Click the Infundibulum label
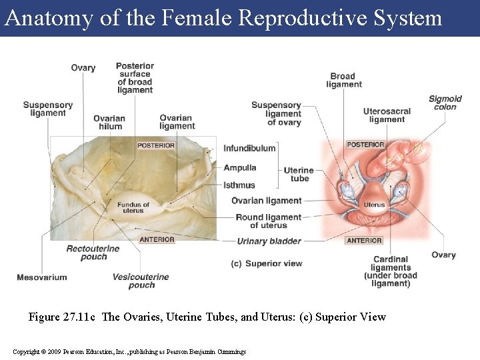coord(249,148)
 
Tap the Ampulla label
coord(240,167)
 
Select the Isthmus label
coord(239,185)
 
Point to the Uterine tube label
coord(299,174)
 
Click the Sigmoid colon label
coord(445,103)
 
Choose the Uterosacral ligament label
coord(387,115)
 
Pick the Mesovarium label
coord(42,277)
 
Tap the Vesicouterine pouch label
coord(141,281)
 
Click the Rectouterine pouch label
coord(93,253)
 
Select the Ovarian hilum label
coord(109,122)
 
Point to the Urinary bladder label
coord(269,241)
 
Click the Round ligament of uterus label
coord(268,221)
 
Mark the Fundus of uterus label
coord(133,207)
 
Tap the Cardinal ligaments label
coord(391,271)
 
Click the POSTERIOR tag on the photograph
coord(156,145)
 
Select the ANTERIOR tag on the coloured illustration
coord(364,241)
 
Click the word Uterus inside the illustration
coord(374,205)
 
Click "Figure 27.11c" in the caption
coord(64,317)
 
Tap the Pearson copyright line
coord(129,351)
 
